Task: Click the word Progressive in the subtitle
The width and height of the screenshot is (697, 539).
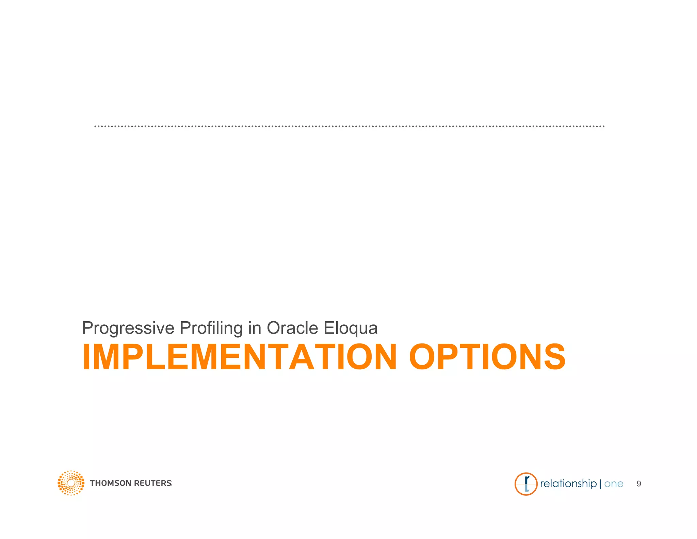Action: tap(128, 328)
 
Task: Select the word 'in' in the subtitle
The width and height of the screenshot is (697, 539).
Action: tap(255, 328)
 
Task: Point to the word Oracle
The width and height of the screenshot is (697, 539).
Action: tap(292, 328)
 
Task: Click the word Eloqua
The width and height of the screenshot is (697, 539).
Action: tap(351, 328)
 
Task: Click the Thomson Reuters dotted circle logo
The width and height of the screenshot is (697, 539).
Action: tap(71, 483)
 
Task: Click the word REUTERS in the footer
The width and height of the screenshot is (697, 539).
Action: tap(153, 483)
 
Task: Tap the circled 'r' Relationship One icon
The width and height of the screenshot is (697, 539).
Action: tap(526, 484)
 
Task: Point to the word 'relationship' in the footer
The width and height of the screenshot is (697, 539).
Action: tap(568, 483)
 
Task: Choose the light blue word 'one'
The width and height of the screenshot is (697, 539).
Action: tap(614, 484)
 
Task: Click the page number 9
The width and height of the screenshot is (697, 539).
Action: tap(639, 484)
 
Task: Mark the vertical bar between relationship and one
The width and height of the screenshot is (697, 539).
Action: tap(600, 484)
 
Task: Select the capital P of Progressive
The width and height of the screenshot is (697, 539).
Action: tap(88, 328)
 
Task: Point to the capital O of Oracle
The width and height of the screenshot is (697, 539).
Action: tap(274, 328)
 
